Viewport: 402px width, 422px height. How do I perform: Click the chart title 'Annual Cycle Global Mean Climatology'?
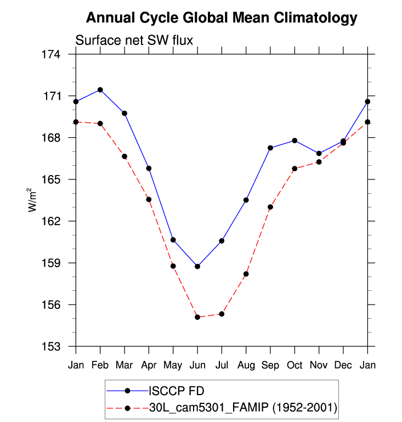[222, 18]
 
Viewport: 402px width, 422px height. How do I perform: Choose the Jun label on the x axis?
[197, 365]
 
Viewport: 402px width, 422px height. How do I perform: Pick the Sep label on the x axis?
[270, 365]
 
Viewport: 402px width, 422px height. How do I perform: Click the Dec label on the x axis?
[343, 365]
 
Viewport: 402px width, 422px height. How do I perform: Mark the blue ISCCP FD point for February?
[100, 89]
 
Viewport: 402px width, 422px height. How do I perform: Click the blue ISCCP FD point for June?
[197, 266]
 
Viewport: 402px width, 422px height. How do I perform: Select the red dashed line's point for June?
[197, 317]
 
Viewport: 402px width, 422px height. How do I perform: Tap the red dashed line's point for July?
[222, 314]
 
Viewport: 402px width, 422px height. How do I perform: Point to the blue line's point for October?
[295, 140]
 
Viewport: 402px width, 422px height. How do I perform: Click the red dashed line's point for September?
[270, 207]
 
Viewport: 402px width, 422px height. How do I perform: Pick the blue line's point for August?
[246, 200]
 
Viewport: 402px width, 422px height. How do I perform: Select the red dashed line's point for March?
[124, 156]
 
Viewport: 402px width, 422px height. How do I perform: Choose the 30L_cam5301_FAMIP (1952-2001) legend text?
[242, 408]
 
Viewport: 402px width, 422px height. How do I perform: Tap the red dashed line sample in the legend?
[127, 408]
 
